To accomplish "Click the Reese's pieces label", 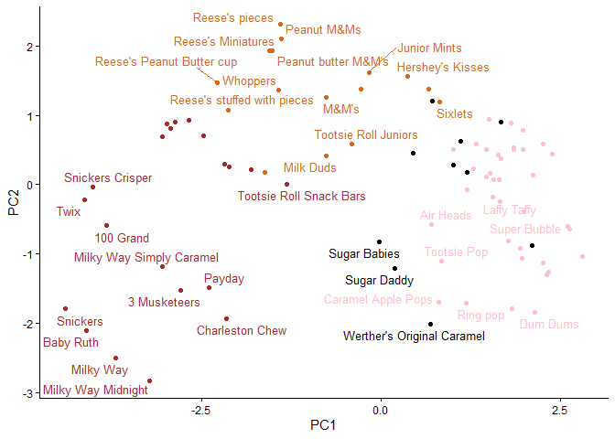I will coord(233,17).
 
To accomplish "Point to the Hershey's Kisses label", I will coord(443,68).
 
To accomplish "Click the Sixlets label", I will coord(455,114).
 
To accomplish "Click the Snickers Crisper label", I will coord(108,178).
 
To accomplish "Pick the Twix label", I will coord(68,211).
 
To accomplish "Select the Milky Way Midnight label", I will coord(95,390).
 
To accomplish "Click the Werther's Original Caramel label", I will coord(414,337).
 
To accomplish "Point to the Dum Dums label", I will coord(549,325).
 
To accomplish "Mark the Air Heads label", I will coord(446,216).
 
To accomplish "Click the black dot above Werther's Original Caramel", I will coord(430,324).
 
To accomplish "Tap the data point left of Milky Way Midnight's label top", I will coord(149,380).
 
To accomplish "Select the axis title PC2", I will coord(14,201).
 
